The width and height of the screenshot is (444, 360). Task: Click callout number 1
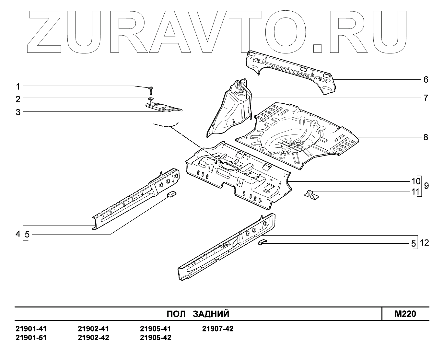(18, 87)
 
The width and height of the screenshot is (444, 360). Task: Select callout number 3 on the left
(18, 112)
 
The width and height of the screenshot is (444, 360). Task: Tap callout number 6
(426, 80)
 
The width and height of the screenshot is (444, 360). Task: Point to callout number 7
(426, 98)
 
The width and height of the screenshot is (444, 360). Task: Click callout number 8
(426, 137)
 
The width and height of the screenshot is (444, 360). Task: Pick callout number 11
(415, 192)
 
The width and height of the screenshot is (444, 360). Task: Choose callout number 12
(425, 243)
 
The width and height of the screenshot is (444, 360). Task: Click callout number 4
(18, 234)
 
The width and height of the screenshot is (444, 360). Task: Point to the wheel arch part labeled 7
(231, 107)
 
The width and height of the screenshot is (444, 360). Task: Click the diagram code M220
(405, 314)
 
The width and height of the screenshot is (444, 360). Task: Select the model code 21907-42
(217, 329)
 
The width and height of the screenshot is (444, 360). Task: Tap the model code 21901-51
(31, 338)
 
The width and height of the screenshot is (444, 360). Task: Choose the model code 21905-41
(155, 329)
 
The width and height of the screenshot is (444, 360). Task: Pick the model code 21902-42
(93, 338)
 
